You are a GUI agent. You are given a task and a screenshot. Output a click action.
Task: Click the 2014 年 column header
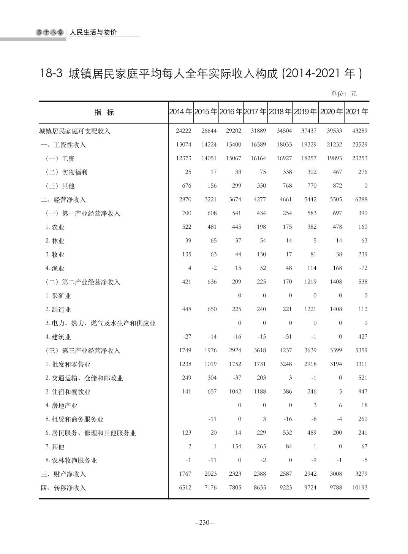(180, 112)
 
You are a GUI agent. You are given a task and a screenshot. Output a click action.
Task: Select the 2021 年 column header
(357, 112)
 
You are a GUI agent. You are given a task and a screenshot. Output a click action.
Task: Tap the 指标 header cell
(104, 112)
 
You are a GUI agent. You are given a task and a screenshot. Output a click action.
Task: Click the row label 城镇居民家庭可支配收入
(75, 131)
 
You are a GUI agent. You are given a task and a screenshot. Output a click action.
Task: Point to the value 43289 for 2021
(359, 131)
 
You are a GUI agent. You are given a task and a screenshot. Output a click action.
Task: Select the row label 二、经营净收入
(63, 199)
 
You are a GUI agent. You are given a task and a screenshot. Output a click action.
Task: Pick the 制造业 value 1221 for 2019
(310, 309)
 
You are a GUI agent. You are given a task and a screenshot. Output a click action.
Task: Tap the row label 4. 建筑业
(58, 337)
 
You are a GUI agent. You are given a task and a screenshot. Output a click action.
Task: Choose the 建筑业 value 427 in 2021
(362, 336)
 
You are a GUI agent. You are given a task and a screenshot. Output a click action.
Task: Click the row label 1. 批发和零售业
(68, 364)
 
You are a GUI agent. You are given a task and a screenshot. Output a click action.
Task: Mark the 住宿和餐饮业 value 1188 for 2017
(260, 391)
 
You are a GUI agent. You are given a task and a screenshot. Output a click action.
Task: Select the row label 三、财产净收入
(63, 474)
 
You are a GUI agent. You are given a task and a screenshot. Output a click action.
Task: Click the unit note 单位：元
(344, 93)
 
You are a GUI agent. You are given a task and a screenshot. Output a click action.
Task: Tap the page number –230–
(204, 522)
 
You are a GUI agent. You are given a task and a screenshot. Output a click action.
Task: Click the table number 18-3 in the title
(51, 74)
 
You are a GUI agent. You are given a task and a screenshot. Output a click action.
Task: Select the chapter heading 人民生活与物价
(93, 32)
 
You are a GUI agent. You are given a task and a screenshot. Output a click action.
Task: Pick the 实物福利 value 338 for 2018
(287, 172)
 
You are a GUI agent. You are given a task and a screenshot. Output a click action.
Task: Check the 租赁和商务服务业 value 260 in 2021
(362, 419)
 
